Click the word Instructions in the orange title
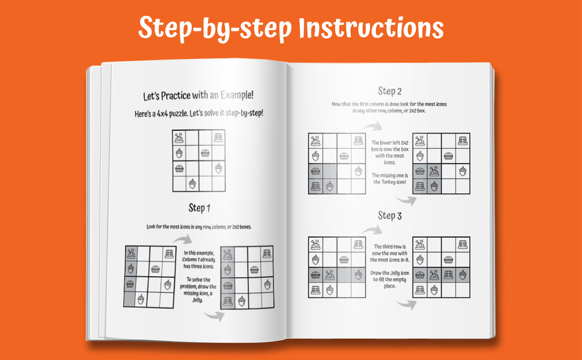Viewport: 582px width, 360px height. coord(371,28)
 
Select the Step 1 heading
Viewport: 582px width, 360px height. coord(199,208)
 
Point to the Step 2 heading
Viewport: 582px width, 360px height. coord(390,91)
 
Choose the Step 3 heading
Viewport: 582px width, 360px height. coord(390,216)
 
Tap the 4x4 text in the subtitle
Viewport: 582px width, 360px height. coord(162,113)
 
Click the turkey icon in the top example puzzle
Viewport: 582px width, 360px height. coord(179,138)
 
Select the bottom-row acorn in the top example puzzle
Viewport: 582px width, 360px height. coord(192,183)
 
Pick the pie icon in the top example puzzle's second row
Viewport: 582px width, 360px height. coord(205,153)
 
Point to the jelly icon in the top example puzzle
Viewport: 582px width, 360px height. coord(218,137)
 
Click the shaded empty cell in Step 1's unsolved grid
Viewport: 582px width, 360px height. coord(130,299)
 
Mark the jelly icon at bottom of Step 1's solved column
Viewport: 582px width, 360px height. coord(228,301)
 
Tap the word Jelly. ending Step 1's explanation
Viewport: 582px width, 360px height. coord(197,300)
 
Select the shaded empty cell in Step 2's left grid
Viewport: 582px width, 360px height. coord(330,171)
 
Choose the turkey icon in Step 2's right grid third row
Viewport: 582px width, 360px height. coord(434,171)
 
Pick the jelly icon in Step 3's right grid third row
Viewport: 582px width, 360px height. coord(448,275)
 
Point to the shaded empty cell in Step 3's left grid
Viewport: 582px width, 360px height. coord(344,275)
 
